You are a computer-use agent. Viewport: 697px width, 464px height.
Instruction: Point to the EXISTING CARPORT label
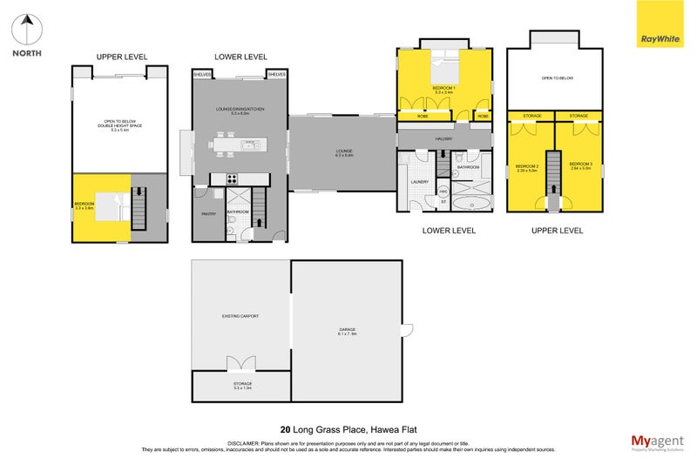click(x=240, y=316)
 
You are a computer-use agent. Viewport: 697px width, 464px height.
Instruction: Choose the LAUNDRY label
click(x=417, y=182)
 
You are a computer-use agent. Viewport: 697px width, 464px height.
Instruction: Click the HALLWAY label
click(x=445, y=138)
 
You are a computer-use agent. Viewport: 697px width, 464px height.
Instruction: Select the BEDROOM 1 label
click(x=443, y=87)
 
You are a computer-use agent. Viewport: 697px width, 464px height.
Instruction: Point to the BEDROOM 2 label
click(x=526, y=167)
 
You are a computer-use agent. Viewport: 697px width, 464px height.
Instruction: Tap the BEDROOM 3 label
click(x=580, y=165)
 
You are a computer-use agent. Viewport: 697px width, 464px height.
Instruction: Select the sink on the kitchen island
click(x=249, y=145)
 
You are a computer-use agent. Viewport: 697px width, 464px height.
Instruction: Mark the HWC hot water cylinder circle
click(x=443, y=191)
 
